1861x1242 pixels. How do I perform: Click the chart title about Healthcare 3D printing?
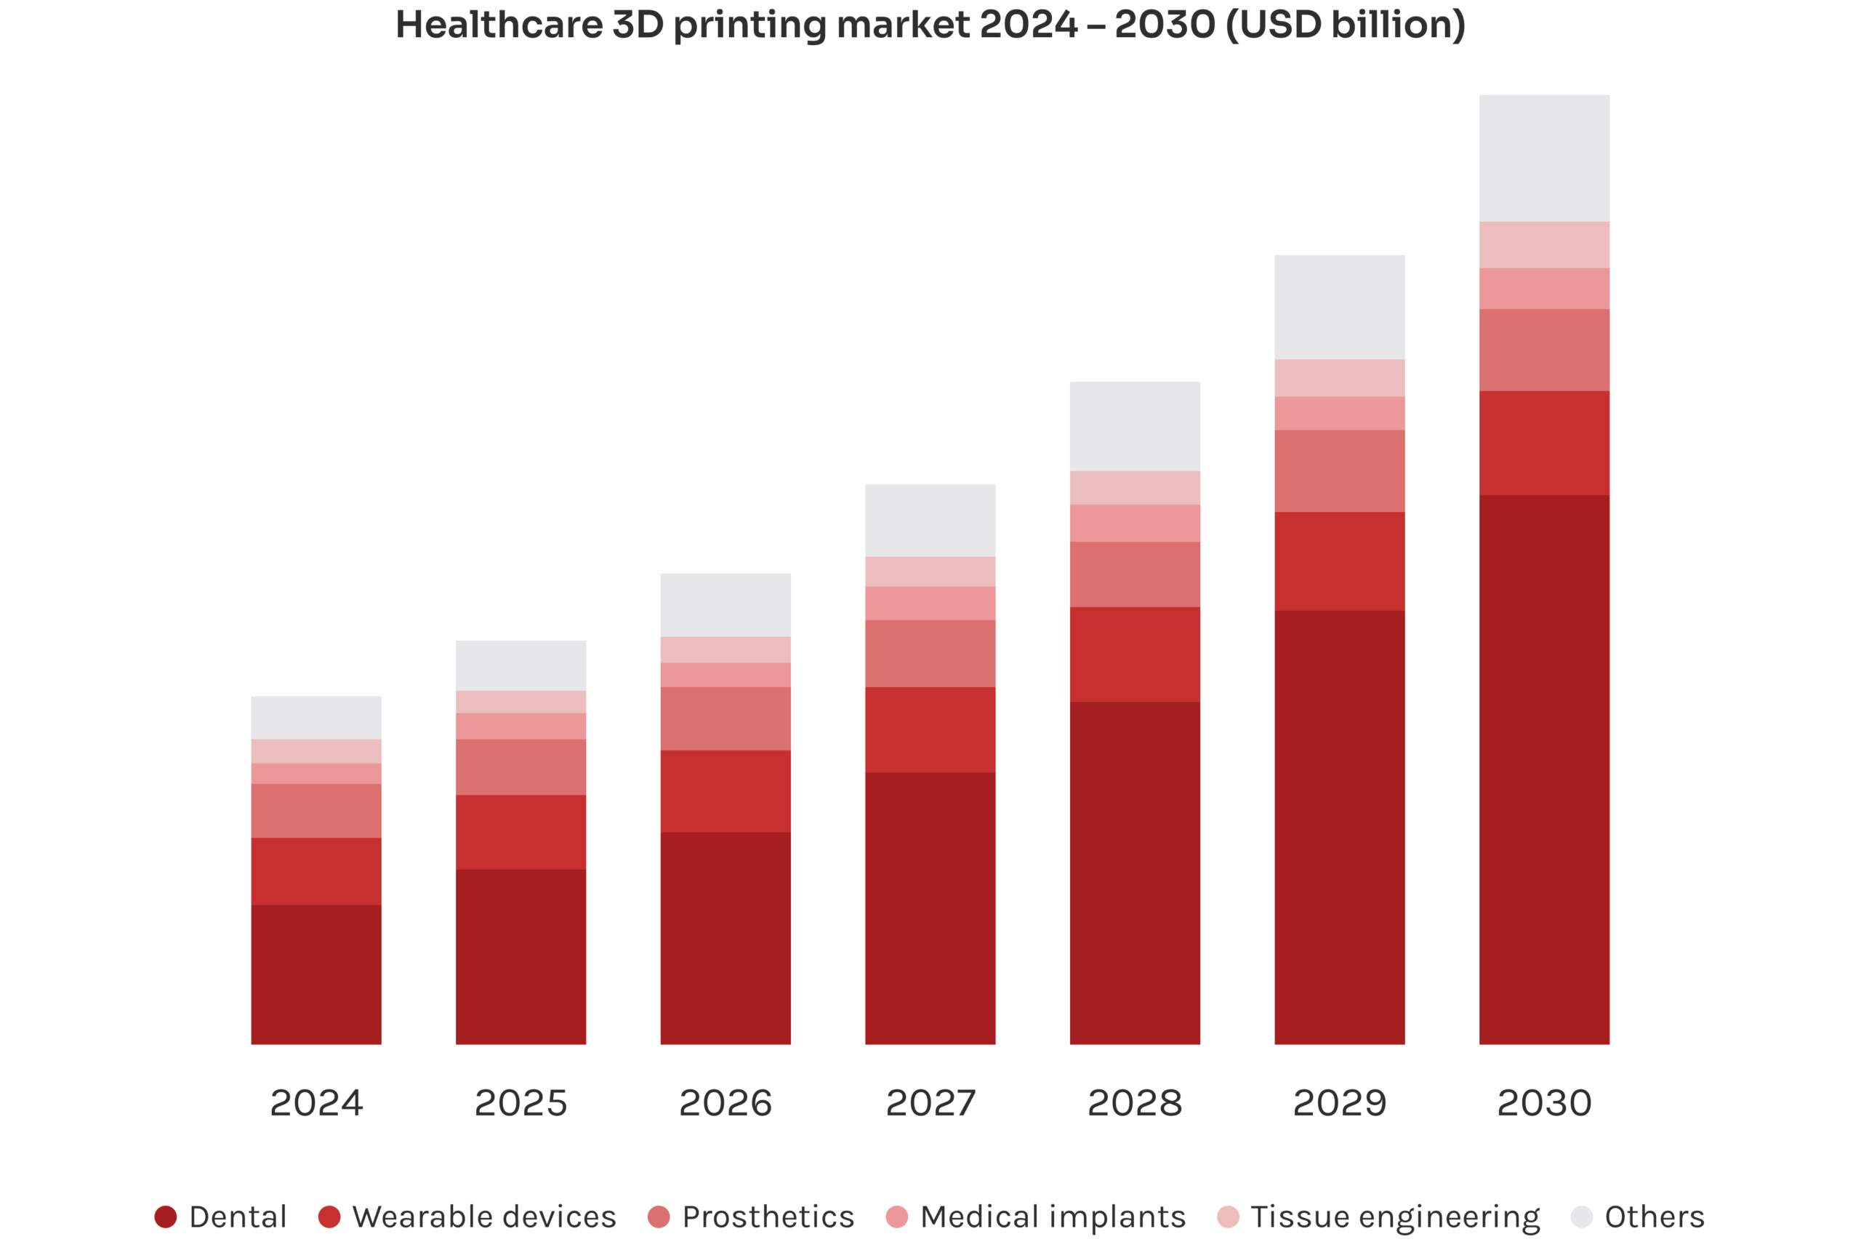(x=930, y=25)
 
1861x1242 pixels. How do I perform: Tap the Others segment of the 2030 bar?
(x=1543, y=158)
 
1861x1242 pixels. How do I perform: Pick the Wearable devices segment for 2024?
(x=316, y=871)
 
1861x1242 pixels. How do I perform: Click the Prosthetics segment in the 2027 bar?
(x=930, y=654)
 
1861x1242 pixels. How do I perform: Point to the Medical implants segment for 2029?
(x=1339, y=414)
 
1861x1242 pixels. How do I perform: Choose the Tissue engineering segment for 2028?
(x=1134, y=488)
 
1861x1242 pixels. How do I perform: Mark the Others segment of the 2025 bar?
(x=521, y=665)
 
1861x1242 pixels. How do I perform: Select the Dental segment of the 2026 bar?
(x=725, y=939)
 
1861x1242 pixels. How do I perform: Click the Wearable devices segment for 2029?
(x=1339, y=561)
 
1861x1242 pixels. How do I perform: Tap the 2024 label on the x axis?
(x=316, y=1102)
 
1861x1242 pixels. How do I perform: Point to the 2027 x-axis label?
(x=930, y=1102)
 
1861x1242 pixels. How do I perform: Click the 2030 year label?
(x=1543, y=1102)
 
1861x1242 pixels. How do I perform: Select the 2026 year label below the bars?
(x=725, y=1102)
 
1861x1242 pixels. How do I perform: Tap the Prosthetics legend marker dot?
(x=658, y=1217)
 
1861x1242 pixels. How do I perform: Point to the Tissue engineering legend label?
(x=1394, y=1217)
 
